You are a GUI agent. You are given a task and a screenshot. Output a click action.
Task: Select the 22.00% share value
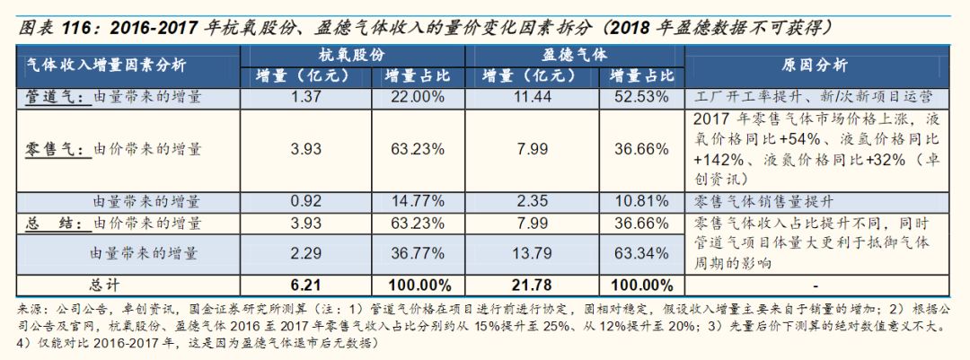click(x=417, y=96)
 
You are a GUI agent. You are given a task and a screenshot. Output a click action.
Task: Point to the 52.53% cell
click(x=639, y=96)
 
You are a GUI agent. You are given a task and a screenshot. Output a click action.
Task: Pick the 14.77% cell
click(x=417, y=201)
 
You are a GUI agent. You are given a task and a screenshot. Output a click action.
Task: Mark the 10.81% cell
click(x=639, y=201)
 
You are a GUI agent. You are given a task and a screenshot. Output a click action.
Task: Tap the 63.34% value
click(x=639, y=254)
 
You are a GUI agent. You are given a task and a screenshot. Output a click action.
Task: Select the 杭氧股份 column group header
click(x=352, y=53)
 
